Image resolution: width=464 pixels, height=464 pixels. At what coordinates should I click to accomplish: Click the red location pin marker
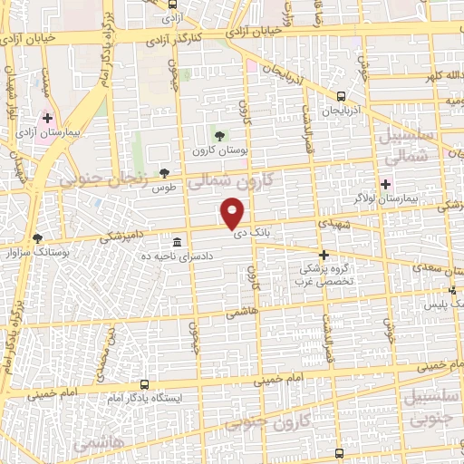pyautogui.click(x=233, y=213)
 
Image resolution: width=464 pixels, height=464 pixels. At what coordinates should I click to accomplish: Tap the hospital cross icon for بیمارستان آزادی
pyautogui.click(x=47, y=118)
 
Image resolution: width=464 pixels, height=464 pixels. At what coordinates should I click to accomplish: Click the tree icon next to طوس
pyautogui.click(x=164, y=173)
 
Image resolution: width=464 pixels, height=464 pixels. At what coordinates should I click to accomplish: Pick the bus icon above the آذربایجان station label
pyautogui.click(x=341, y=96)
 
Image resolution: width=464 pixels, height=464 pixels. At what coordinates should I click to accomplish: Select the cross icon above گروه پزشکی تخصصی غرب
pyautogui.click(x=324, y=255)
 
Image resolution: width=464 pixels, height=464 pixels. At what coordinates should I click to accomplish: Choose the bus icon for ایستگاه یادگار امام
pyautogui.click(x=145, y=385)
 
